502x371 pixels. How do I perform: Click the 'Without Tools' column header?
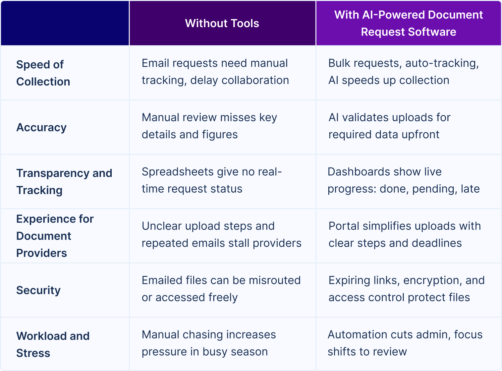pos(222,23)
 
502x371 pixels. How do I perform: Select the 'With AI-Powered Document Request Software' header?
pos(408,23)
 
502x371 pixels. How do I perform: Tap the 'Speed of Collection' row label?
pos(43,73)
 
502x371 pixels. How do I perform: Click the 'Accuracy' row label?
pos(42,127)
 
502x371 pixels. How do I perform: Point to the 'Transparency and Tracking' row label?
pos(64,182)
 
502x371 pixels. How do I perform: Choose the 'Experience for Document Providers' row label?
pos(55,236)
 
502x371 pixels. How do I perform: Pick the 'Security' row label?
pos(39,290)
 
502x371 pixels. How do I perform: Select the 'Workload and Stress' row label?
pos(53,345)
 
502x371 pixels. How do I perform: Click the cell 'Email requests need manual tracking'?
pos(215,72)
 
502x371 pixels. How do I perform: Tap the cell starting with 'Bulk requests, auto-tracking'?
pos(403,72)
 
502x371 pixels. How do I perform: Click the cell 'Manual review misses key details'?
pos(209,126)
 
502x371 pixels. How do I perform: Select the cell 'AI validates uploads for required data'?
pos(389,126)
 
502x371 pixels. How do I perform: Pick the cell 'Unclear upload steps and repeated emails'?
pos(221,235)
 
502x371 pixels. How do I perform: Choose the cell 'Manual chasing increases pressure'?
pos(209,343)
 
